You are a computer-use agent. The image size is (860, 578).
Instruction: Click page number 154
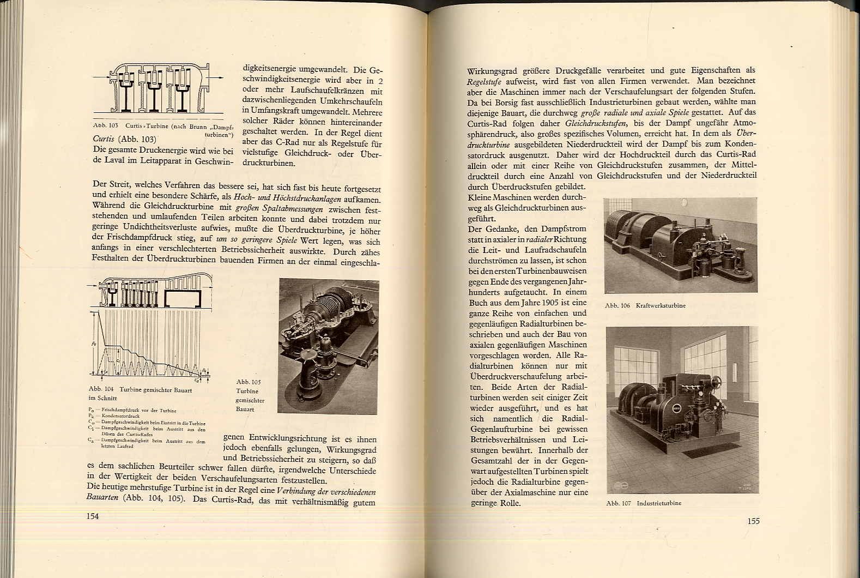click(x=93, y=516)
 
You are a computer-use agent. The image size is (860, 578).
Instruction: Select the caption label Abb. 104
click(x=101, y=390)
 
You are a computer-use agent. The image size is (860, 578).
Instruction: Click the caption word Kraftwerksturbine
click(x=660, y=306)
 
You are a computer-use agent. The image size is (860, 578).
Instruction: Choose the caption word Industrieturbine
click(x=659, y=503)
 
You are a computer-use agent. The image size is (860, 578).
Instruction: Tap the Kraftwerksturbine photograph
click(x=680, y=245)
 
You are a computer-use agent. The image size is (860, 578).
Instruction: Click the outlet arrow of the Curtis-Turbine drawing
click(x=217, y=78)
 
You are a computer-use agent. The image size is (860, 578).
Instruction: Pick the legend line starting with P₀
click(x=131, y=410)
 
